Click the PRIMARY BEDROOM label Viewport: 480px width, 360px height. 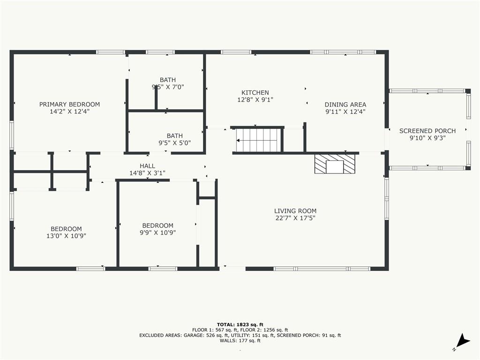point(69,105)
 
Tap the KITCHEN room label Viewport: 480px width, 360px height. point(255,92)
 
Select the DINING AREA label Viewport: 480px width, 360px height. point(345,105)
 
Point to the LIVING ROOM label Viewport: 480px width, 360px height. point(295,211)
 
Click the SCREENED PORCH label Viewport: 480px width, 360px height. point(427,131)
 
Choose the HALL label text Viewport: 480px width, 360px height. point(147,166)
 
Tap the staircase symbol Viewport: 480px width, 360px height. point(259,140)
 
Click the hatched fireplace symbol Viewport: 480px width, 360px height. point(335,164)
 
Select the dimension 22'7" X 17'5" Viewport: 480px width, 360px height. point(295,218)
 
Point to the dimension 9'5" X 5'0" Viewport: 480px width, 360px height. point(174,142)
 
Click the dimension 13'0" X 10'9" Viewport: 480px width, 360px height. point(66,236)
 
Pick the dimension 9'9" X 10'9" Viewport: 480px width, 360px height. point(157,232)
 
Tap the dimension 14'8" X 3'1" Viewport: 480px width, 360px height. point(147,173)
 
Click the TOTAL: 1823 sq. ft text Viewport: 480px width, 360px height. point(240,324)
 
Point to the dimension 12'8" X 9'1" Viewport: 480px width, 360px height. point(255,99)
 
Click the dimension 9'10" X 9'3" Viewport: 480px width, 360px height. point(427,138)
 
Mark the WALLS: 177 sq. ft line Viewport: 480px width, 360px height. point(240,340)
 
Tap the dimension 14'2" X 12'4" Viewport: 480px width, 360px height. point(69,112)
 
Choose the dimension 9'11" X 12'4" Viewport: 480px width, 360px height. point(345,112)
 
